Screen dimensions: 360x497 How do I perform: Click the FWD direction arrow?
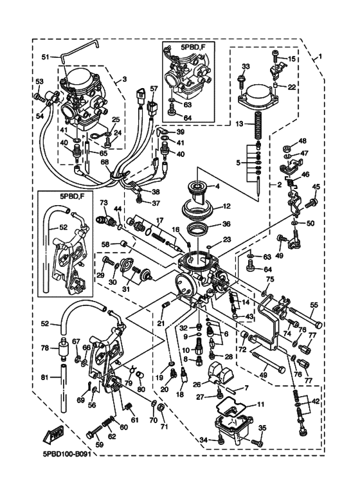click(55, 435)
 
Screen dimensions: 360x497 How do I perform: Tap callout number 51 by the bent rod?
click(46, 57)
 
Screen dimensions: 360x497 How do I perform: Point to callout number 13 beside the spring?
click(240, 124)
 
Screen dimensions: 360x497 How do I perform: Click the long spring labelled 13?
click(258, 126)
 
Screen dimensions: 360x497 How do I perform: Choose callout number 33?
click(246, 67)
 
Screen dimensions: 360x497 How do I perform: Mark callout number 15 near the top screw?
click(291, 59)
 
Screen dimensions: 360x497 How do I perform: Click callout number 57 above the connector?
click(154, 89)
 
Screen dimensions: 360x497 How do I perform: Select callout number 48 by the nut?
click(302, 140)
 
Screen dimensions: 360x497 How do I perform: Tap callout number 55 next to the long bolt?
click(314, 305)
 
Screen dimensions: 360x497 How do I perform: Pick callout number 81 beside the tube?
click(46, 377)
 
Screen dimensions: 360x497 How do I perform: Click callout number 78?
click(45, 348)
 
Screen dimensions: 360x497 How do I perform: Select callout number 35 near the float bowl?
click(263, 429)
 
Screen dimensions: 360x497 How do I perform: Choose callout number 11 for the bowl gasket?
click(260, 404)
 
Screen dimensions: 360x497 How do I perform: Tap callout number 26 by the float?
click(197, 384)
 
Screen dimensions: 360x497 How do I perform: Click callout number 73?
click(104, 203)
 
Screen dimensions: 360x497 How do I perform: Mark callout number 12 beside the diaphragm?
click(227, 206)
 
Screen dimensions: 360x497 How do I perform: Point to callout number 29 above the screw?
click(100, 275)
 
